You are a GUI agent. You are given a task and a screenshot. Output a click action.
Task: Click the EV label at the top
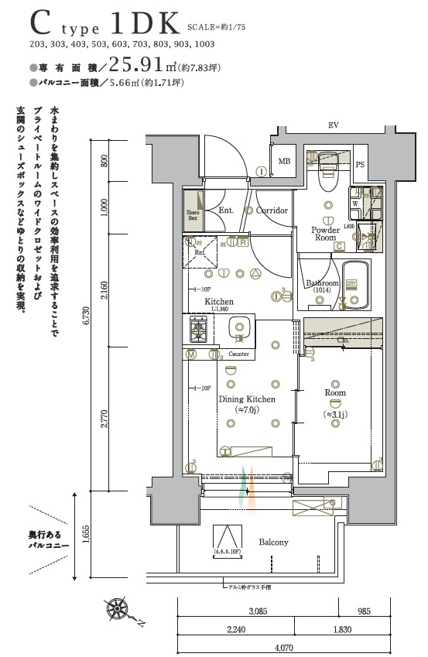click(334, 125)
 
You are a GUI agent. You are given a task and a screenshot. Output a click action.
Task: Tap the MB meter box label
click(284, 162)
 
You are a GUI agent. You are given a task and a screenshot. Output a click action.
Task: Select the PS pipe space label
click(360, 165)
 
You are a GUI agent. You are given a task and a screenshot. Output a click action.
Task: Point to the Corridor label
click(272, 210)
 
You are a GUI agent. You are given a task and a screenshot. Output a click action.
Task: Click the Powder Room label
click(325, 234)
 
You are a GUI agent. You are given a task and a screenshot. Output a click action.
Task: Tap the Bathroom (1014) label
click(322, 286)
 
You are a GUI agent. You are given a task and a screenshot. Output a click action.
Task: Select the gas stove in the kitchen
click(197, 330)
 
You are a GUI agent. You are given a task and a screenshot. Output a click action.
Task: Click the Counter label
click(238, 354)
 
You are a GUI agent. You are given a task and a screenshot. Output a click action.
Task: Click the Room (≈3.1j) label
click(336, 398)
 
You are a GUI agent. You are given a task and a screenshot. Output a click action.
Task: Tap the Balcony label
click(273, 542)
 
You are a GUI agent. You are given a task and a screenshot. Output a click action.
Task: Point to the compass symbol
click(119, 608)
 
